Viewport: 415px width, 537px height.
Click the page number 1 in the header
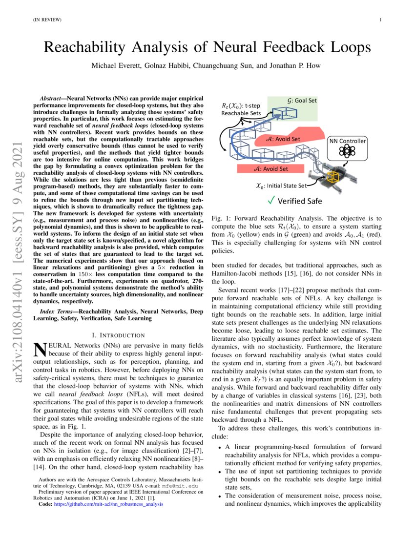coord(380,20)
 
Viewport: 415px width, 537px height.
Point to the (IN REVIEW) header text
coord(47,20)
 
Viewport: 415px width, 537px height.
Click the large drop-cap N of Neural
coord(38,350)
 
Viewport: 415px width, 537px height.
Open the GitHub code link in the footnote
coord(103,505)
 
